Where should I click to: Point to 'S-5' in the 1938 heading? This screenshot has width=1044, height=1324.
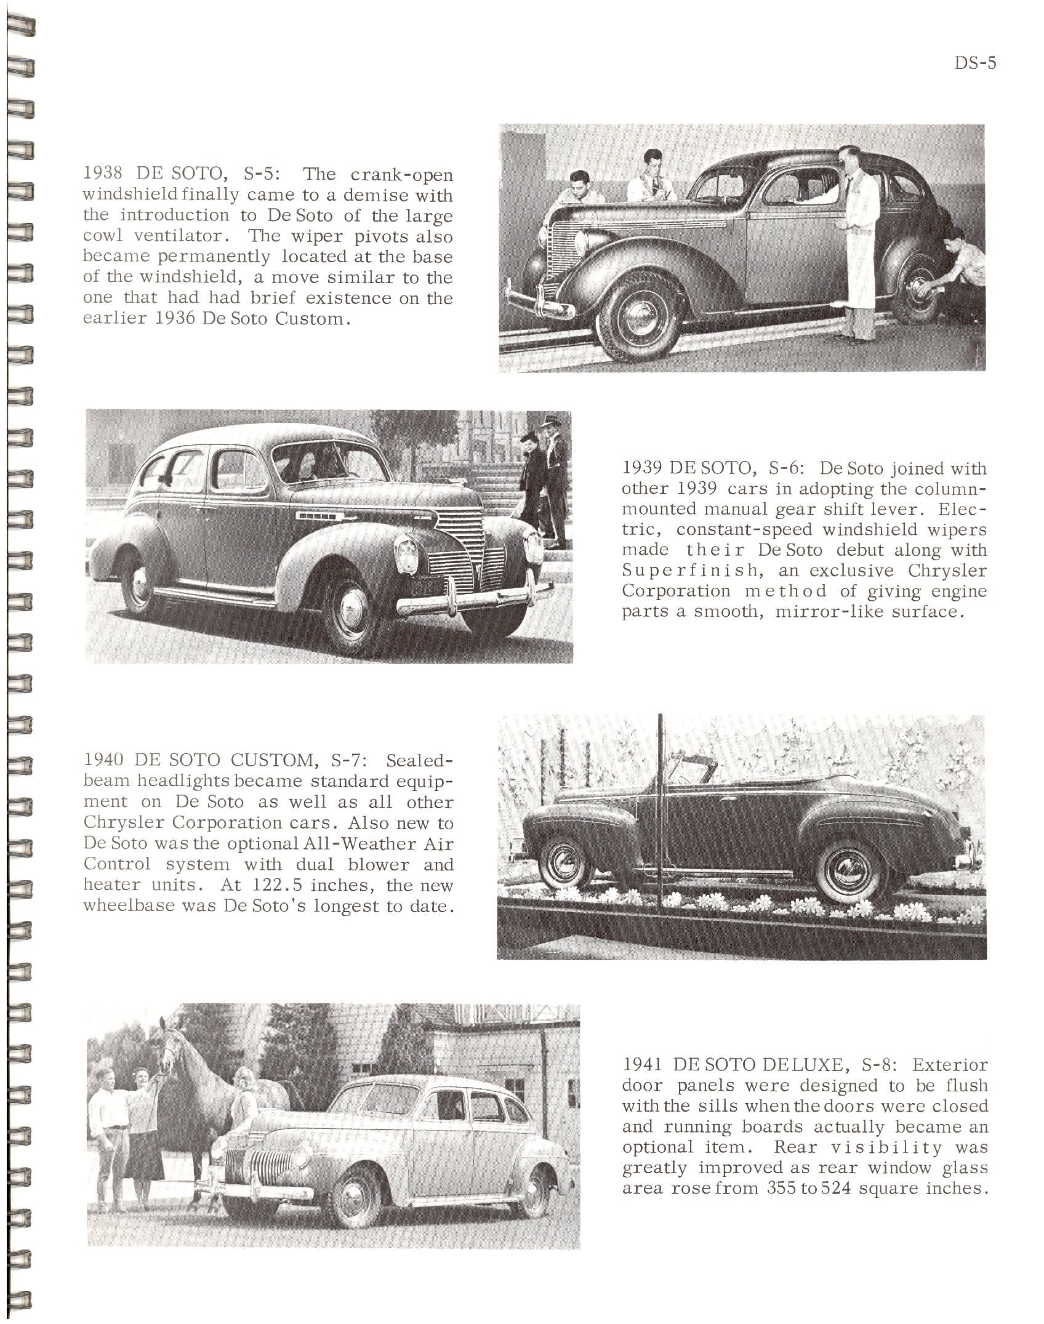point(262,174)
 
